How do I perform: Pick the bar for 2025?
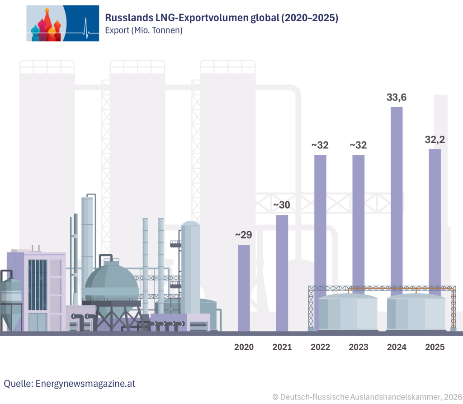(x=435, y=217)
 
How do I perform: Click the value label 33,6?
(x=397, y=97)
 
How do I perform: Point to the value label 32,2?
(x=435, y=140)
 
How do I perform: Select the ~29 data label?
(x=243, y=235)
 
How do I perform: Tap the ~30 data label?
(x=282, y=205)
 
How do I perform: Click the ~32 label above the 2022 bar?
(x=320, y=146)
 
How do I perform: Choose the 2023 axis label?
(x=359, y=347)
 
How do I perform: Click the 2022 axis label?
(x=320, y=347)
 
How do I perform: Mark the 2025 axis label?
(x=435, y=347)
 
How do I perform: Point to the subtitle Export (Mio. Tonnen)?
(x=143, y=31)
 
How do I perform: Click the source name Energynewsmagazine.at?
(x=85, y=384)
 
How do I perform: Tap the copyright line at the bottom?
(x=367, y=397)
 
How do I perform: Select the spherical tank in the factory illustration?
(x=111, y=283)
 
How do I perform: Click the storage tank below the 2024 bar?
(x=416, y=312)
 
